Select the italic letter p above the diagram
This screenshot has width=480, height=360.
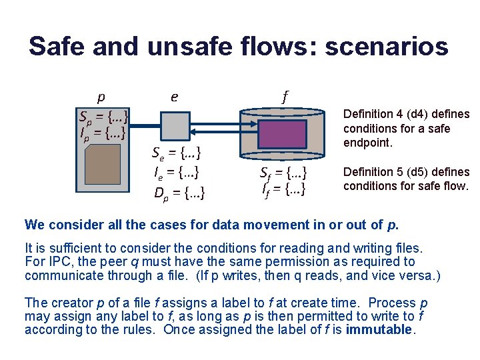click(x=101, y=97)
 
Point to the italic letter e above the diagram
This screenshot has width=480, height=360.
click(x=174, y=97)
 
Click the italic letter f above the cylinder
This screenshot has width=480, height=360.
click(x=285, y=96)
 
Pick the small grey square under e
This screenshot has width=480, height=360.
click(x=176, y=125)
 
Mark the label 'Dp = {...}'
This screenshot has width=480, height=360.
click(x=179, y=194)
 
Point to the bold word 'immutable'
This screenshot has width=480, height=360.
click(x=379, y=329)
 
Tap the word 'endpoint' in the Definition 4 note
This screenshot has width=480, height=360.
click(x=366, y=143)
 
